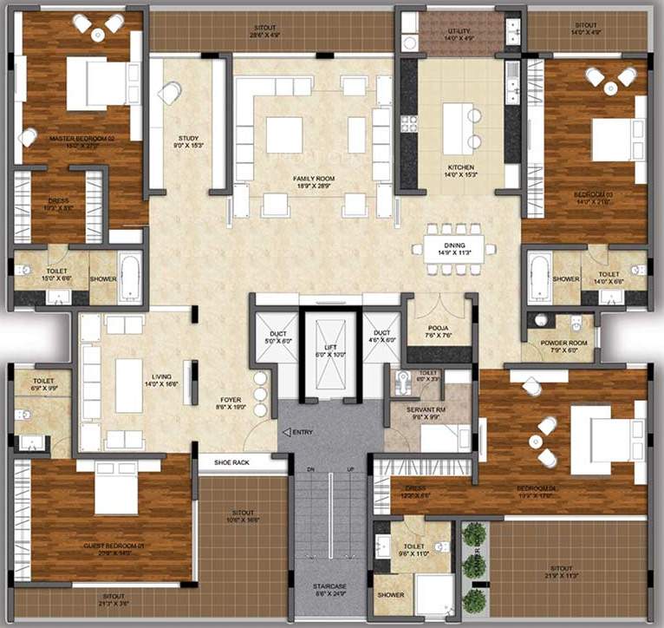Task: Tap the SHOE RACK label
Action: click(231, 462)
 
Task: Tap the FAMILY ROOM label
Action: click(314, 179)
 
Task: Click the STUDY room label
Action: click(188, 139)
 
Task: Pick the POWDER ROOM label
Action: click(565, 343)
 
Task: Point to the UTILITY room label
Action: click(459, 31)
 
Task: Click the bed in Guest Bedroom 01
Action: click(116, 489)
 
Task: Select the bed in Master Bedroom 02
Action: click(95, 84)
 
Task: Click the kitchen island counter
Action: click(461, 127)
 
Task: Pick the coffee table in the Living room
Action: click(128, 385)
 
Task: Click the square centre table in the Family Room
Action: click(283, 134)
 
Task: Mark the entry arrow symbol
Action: click(285, 432)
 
